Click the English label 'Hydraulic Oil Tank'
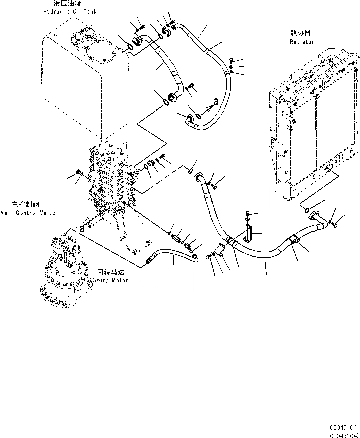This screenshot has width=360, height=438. [69, 12]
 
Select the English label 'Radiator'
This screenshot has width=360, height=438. [302, 42]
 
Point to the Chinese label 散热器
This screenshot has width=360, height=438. [300, 33]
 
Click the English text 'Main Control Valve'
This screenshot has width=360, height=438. [28, 213]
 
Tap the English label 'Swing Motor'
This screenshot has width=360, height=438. [110, 280]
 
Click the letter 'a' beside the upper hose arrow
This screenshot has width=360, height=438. [216, 101]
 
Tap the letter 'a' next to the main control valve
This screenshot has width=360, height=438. [82, 229]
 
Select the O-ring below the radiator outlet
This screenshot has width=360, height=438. [307, 210]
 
